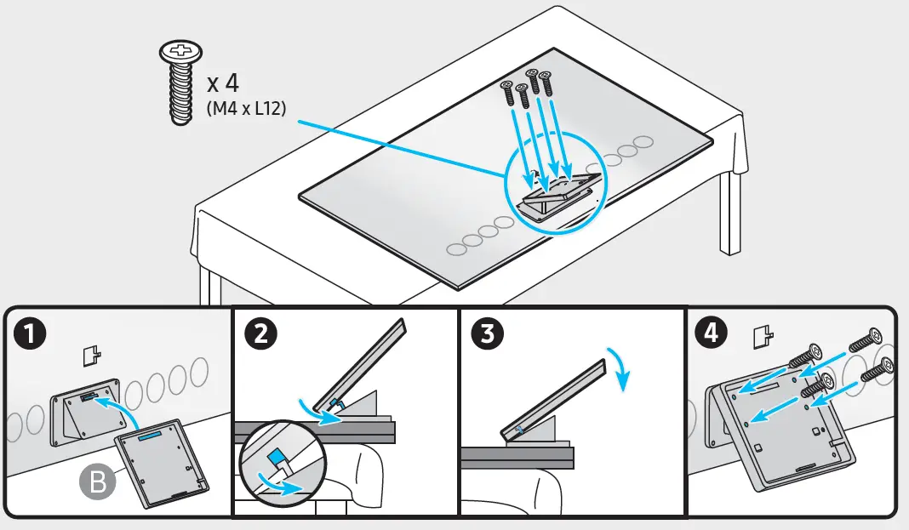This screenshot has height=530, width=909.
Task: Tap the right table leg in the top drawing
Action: (728, 213)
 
